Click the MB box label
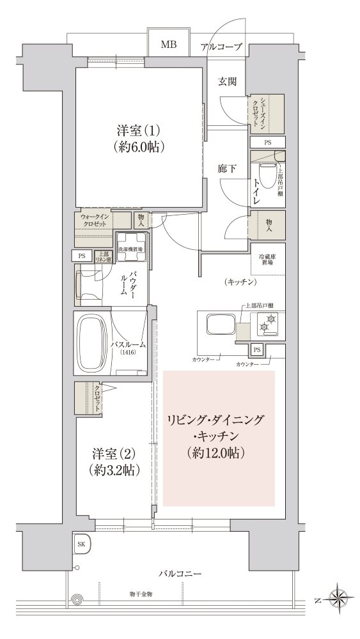[x=169, y=45]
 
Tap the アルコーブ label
[x=221, y=46]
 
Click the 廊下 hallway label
[x=227, y=169]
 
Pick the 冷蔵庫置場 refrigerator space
[x=267, y=258]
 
